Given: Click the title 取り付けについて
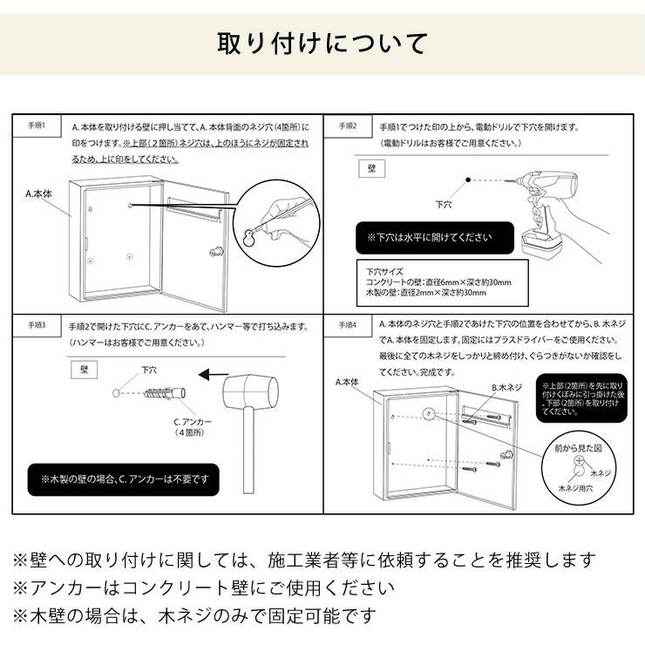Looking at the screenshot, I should (322, 43).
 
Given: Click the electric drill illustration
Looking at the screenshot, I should (558, 209).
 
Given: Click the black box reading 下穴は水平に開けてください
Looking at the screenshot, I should (422, 237).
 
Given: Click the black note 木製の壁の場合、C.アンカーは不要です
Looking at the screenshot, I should (125, 479).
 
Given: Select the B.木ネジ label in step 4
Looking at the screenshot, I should (506, 386).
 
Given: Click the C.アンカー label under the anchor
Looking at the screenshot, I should (189, 426).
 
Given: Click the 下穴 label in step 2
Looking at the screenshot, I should (444, 203).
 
